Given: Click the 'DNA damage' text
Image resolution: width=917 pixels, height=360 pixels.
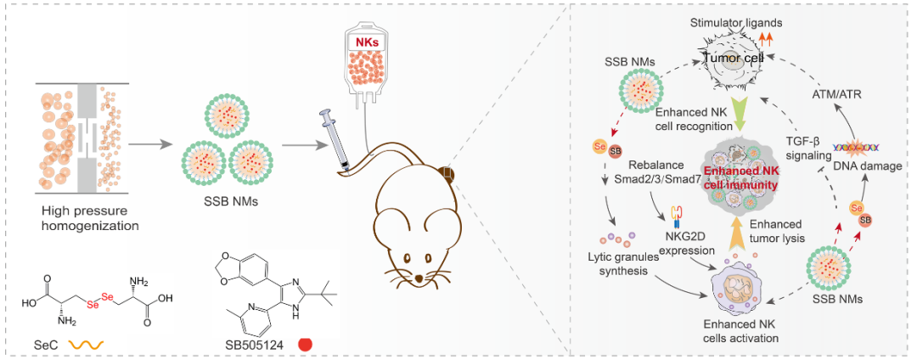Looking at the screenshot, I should pos(868,166).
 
